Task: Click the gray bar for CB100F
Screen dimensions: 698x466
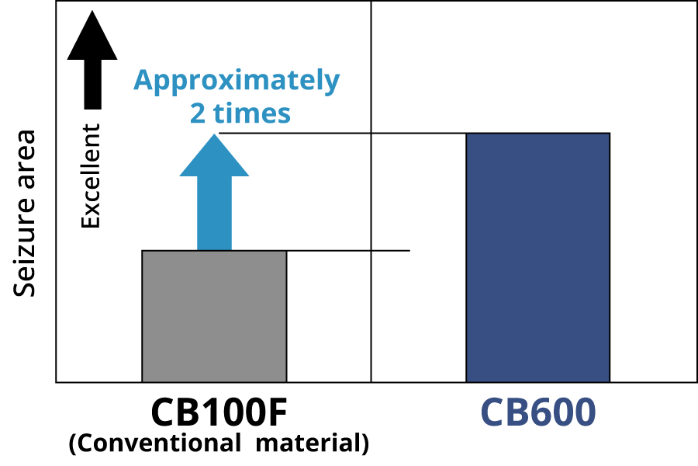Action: (214, 316)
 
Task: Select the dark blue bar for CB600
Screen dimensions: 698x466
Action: (537, 257)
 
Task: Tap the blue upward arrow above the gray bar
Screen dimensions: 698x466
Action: (214, 192)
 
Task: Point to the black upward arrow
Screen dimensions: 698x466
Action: (92, 60)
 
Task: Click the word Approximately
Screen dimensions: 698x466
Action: (237, 81)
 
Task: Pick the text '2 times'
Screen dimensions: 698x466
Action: (240, 113)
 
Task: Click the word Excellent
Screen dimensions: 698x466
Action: (91, 176)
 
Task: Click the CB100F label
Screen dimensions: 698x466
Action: (219, 412)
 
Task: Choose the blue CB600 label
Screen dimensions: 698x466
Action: (538, 412)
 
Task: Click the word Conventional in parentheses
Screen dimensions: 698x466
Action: (155, 443)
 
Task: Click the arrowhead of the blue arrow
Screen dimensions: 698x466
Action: (214, 155)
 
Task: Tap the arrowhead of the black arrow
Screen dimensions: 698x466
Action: (92, 35)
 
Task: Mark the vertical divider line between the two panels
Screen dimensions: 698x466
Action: (371, 191)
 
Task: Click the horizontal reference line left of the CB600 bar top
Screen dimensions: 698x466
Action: (343, 133)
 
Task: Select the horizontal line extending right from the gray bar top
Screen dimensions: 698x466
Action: (348, 251)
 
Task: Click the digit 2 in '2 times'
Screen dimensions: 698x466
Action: (198, 113)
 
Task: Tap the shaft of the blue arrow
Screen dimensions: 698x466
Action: (214, 213)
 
